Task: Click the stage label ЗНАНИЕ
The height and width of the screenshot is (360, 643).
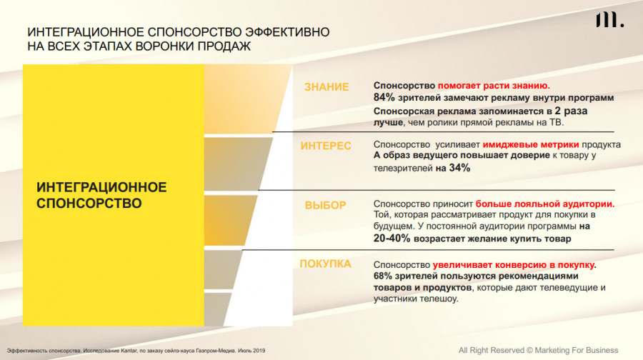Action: coord(327,87)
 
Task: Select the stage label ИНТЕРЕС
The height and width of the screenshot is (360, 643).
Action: coord(326,146)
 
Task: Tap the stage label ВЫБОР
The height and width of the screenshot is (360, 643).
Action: coord(325,205)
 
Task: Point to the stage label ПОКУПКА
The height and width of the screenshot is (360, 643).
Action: coord(325,264)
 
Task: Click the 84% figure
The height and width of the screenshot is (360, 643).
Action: coord(384,98)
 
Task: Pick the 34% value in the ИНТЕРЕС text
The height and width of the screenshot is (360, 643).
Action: coord(459,168)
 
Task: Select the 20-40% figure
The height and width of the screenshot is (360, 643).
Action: coord(392,239)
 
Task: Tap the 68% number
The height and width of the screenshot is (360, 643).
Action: coord(383,276)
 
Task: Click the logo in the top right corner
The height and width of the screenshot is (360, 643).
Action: coord(610,20)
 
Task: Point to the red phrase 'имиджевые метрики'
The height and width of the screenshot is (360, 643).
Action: coord(531,144)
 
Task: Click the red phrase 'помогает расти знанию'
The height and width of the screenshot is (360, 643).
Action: coord(494,86)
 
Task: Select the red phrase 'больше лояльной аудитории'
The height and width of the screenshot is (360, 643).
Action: coord(545,204)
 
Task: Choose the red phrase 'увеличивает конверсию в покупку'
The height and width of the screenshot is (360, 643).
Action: coord(514,265)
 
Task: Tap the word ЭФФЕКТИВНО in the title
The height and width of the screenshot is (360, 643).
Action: coord(287,32)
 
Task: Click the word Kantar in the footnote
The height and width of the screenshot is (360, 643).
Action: coord(129,351)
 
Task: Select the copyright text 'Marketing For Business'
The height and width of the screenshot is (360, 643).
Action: coord(576,350)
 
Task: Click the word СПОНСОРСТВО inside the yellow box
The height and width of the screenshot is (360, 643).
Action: coord(89,204)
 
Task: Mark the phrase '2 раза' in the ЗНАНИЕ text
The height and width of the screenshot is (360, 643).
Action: coord(571,111)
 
